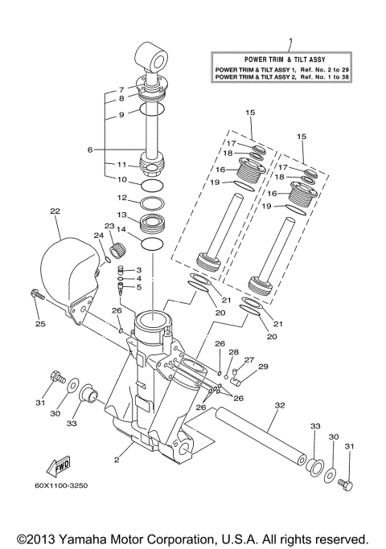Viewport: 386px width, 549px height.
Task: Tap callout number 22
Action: pyautogui.click(x=55, y=211)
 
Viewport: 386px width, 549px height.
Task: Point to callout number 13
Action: pyautogui.click(x=121, y=215)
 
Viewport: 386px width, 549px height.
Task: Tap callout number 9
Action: pyautogui.click(x=121, y=115)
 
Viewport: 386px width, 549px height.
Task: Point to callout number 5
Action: pyautogui.click(x=138, y=287)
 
